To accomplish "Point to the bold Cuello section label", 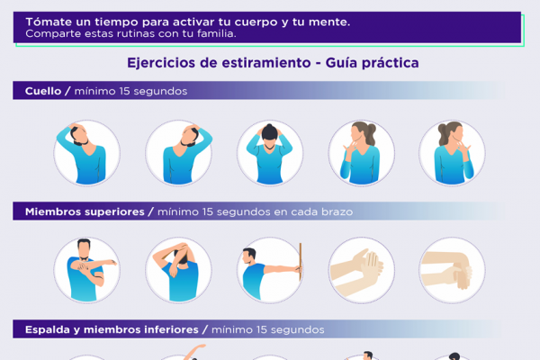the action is click(43, 91).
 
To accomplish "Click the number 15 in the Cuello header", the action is click(124, 91).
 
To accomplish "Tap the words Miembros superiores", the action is click(85, 211).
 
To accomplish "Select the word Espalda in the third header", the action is click(48, 329).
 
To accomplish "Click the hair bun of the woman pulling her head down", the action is click(270, 127).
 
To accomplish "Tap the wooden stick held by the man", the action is click(301, 262).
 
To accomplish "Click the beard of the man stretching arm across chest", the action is click(84, 257).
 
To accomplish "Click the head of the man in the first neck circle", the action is click(79, 135).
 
